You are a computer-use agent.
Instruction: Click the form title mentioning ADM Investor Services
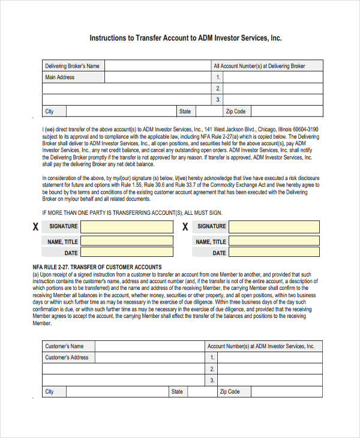[x=185, y=37]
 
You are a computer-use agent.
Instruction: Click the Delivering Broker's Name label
[x=72, y=66]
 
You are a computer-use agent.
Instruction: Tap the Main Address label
[x=60, y=77]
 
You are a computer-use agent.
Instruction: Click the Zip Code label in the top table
[x=236, y=111]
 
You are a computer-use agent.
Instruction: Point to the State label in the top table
[x=185, y=111]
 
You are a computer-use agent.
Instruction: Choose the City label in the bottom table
[x=49, y=391]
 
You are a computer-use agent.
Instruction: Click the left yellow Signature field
[x=125, y=227]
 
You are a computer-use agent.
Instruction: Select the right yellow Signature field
[x=274, y=227]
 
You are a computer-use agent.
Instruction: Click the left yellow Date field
[x=125, y=253]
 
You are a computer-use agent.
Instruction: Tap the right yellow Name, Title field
[x=274, y=241]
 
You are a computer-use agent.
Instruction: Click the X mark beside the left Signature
[x=35, y=227]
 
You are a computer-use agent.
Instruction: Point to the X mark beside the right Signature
[x=185, y=227]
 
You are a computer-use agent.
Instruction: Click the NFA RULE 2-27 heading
[x=97, y=266]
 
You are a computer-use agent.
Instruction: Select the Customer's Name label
[x=64, y=346]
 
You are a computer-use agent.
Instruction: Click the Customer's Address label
[x=67, y=358]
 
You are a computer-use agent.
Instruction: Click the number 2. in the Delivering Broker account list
[x=218, y=88]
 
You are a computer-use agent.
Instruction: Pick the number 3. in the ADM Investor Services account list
[x=212, y=380]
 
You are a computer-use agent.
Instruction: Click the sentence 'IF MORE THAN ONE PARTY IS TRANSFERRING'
[x=132, y=212]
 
